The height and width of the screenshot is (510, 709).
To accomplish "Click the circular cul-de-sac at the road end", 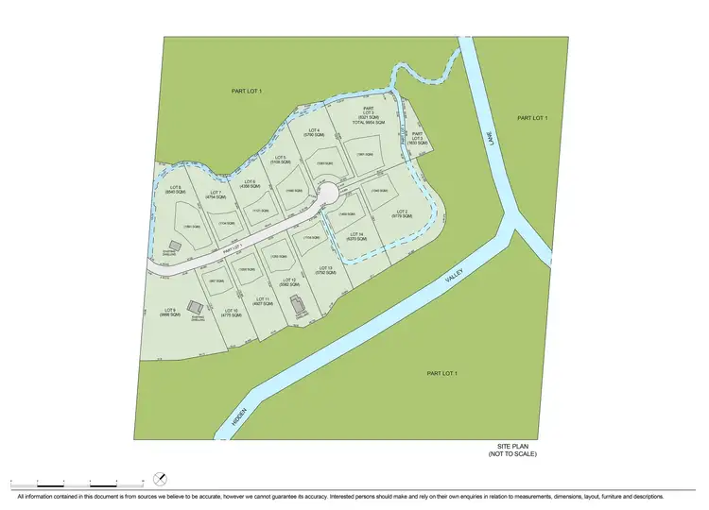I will (x=327, y=195).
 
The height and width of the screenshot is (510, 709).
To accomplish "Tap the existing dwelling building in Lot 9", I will (x=194, y=308).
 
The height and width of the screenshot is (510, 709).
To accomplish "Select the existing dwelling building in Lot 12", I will (x=298, y=305).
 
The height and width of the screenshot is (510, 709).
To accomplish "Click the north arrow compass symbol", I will (x=160, y=480).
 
